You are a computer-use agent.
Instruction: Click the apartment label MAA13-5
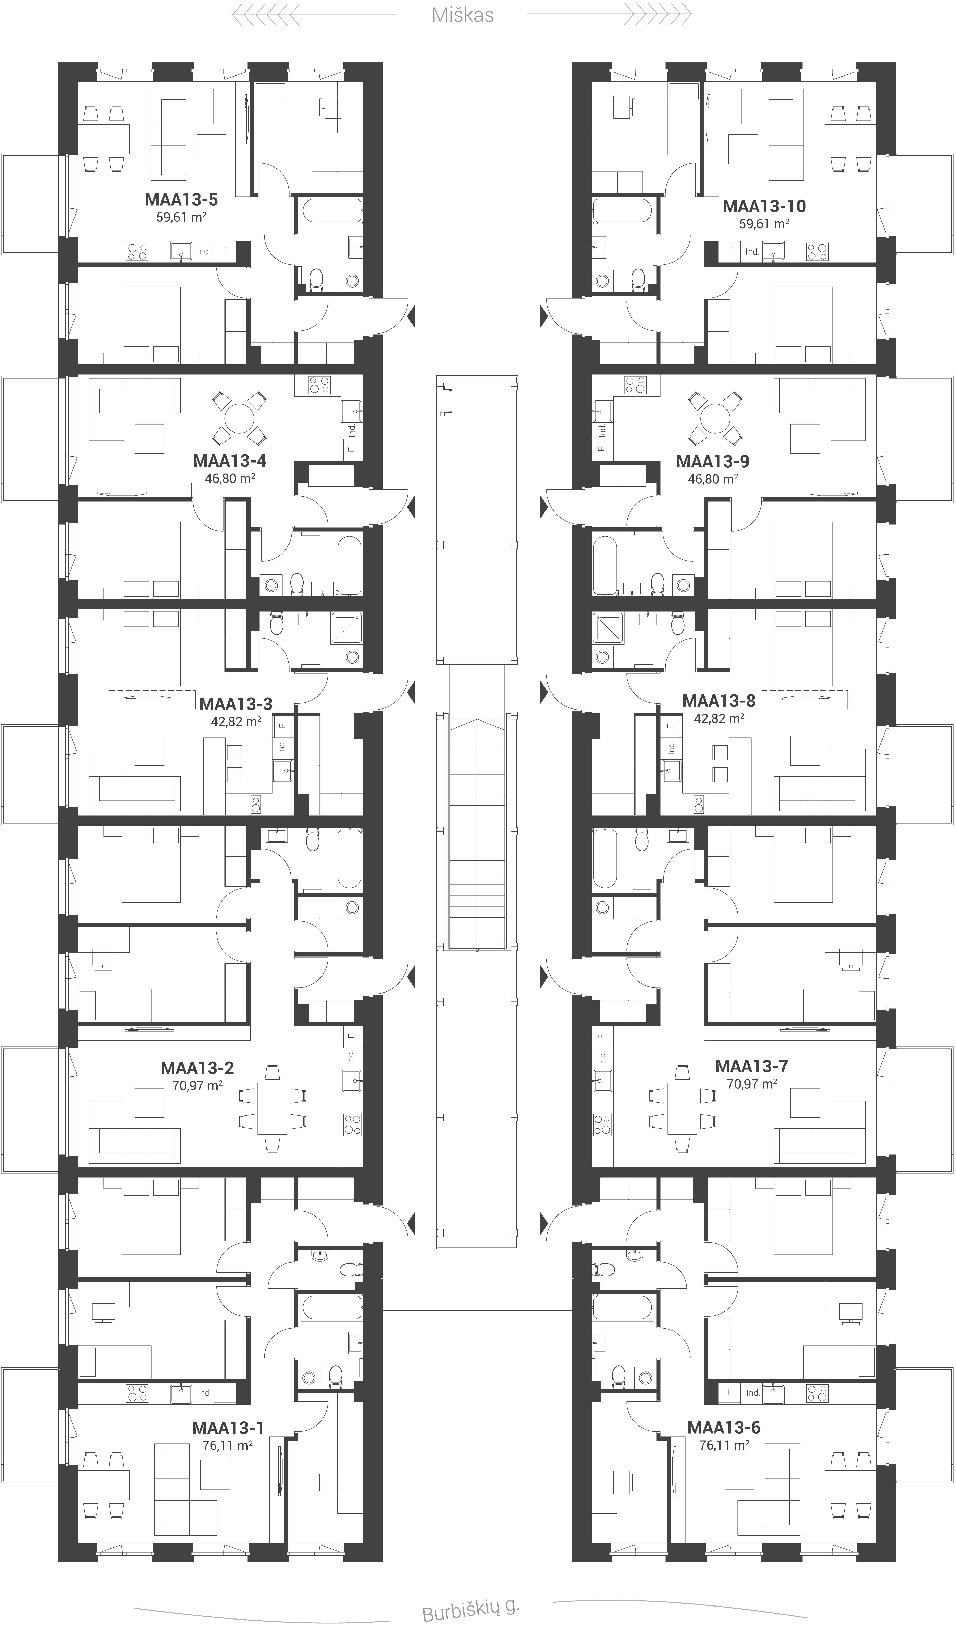181,200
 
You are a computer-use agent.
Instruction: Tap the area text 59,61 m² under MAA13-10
764,224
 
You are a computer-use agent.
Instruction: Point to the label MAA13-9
712,462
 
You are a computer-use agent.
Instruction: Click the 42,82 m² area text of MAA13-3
236,721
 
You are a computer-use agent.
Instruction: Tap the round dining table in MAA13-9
714,419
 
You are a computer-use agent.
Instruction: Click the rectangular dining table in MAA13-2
272,1108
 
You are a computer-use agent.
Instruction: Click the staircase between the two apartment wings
477,832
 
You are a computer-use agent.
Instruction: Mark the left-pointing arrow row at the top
266,14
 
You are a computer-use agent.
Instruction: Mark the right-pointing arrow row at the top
658,13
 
